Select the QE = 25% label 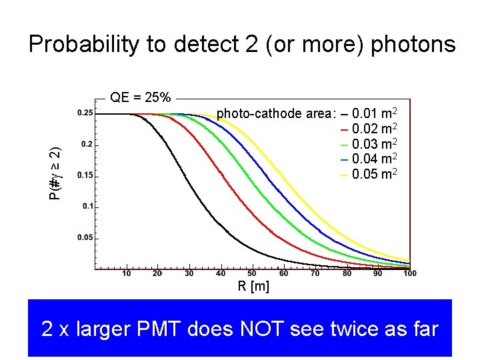[x=141, y=98]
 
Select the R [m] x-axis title [x=253, y=287]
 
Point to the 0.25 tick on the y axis [x=85, y=113]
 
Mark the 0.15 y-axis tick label [x=85, y=175]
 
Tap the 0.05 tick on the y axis [x=85, y=237]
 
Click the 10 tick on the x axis [x=126, y=273]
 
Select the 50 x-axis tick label [x=252, y=273]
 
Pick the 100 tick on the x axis [x=409, y=273]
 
